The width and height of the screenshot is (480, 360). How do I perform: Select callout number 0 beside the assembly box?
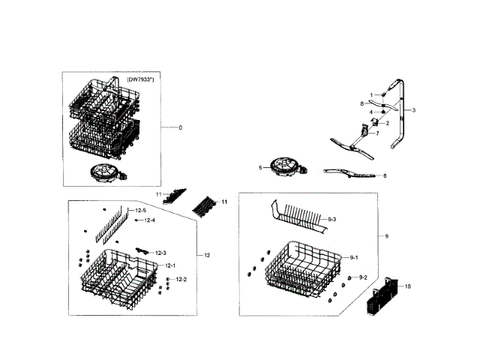point(180,127)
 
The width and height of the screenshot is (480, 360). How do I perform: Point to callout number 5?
point(260,168)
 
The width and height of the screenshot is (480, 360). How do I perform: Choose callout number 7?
point(377,133)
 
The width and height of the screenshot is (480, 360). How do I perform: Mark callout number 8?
point(361,103)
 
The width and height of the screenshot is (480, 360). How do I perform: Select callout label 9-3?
point(332,218)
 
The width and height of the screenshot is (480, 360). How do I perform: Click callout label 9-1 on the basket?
point(355,257)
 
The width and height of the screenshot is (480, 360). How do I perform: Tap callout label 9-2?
point(362,277)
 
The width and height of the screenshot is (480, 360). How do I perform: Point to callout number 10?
point(409,286)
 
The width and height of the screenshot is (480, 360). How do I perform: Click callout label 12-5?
point(139,211)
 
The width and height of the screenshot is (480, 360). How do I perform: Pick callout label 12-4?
point(149,220)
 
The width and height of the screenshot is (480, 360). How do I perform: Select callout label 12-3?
point(161,252)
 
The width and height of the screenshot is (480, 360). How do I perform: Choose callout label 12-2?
point(181,279)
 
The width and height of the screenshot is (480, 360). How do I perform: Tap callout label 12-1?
point(169,265)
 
